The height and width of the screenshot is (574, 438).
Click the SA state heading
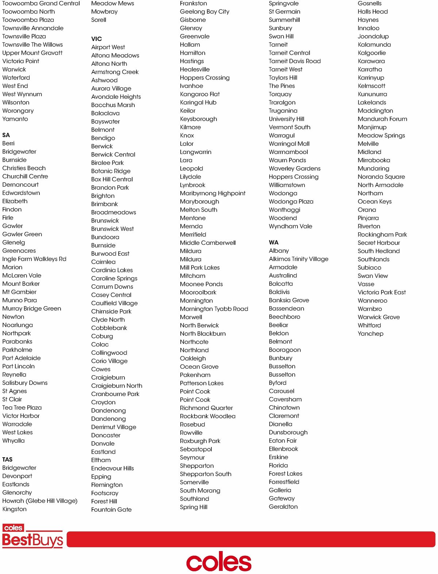(x=6, y=135)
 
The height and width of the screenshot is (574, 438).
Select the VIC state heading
(x=96, y=39)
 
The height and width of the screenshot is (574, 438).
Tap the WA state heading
(x=273, y=243)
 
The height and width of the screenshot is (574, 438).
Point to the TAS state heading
(x=7, y=459)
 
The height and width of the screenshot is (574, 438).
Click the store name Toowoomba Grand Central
(x=41, y=3)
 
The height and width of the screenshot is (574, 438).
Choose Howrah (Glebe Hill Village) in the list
(x=40, y=501)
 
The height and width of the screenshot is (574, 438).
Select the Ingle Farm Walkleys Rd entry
(x=34, y=259)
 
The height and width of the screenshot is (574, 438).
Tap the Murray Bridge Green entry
(x=32, y=309)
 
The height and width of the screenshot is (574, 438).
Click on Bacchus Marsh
(x=113, y=105)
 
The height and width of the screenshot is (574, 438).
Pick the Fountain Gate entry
(x=111, y=509)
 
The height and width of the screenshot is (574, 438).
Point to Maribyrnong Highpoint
(x=212, y=193)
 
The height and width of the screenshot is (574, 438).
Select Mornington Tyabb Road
(x=214, y=309)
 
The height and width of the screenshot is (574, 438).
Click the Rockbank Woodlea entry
(x=207, y=416)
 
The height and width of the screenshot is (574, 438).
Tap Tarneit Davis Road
(x=295, y=61)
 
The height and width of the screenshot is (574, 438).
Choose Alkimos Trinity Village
(x=298, y=259)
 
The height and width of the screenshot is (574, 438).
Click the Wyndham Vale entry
(x=290, y=226)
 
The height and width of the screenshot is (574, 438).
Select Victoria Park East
(x=381, y=292)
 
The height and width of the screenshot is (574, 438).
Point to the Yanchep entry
(x=370, y=334)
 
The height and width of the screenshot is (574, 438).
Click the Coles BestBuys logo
(x=32, y=536)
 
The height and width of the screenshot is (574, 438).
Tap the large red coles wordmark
(x=219, y=562)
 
